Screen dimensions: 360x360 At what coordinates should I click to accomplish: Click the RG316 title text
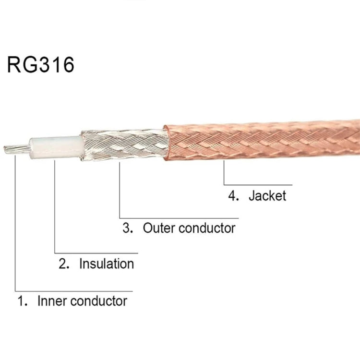41,64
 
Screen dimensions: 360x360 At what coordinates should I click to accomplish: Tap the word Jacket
267,196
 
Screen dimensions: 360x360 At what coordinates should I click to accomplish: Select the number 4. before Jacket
234,196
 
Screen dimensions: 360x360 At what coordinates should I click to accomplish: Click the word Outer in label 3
158,228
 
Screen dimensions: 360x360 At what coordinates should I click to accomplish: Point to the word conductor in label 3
207,228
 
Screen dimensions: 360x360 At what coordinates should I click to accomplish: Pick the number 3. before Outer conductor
128,228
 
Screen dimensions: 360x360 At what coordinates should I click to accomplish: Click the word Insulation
107,264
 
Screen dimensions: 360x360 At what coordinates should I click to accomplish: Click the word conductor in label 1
98,301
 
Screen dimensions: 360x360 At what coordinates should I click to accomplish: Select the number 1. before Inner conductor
22,301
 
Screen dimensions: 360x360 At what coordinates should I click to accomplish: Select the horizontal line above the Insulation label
96,252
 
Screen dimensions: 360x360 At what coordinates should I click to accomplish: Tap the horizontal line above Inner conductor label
72,290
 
